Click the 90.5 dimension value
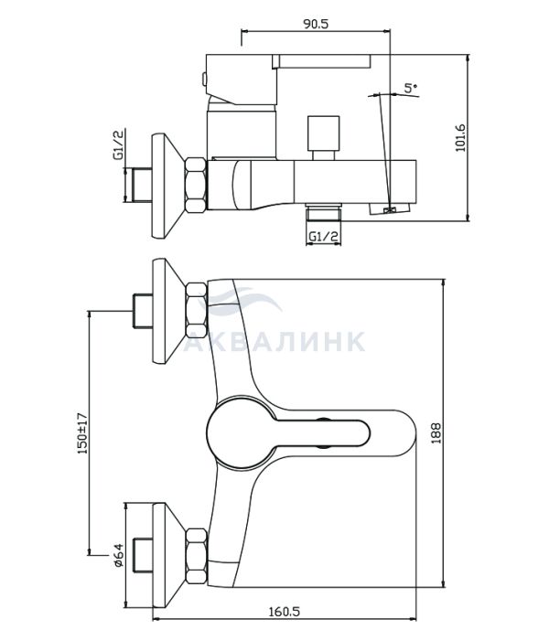click(316, 24)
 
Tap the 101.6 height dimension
click(460, 138)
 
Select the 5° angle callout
click(411, 88)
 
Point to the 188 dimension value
click(436, 433)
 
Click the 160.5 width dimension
click(284, 612)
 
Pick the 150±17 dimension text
click(82, 433)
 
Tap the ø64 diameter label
click(118, 555)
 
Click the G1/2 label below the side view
click(324, 236)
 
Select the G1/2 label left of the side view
click(119, 144)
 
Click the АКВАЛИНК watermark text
click(274, 341)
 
